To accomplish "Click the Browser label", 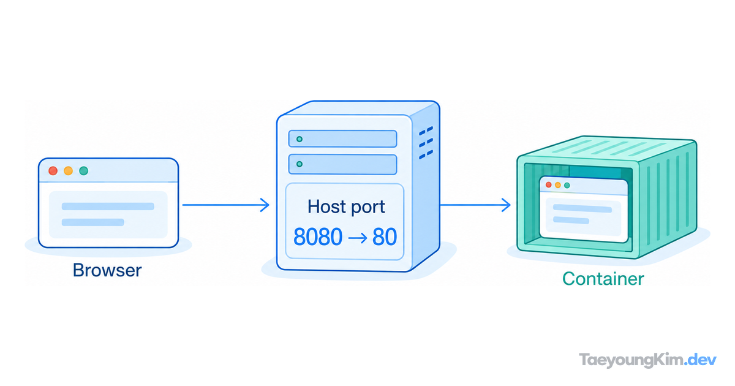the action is point(107,270).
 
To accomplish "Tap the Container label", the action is point(603,279).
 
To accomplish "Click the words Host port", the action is point(346,207).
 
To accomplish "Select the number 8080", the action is point(318,237).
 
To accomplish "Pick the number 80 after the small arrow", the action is point(385,237).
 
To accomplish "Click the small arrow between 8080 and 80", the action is point(358,238).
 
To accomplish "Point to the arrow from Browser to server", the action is point(226,205).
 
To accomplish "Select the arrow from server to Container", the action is point(475,205).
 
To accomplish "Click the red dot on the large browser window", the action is point(53,171).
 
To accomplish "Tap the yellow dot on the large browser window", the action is point(68,171).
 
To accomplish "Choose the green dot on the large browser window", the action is point(84,171).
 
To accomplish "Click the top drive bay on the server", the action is point(342,139).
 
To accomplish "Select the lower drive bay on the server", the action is point(342,164).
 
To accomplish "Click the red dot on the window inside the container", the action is point(548,185).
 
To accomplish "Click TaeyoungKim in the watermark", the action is point(631,360).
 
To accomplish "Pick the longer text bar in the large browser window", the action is point(108,206).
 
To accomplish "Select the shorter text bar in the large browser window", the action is point(93,222).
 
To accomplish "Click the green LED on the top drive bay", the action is point(300,139).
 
